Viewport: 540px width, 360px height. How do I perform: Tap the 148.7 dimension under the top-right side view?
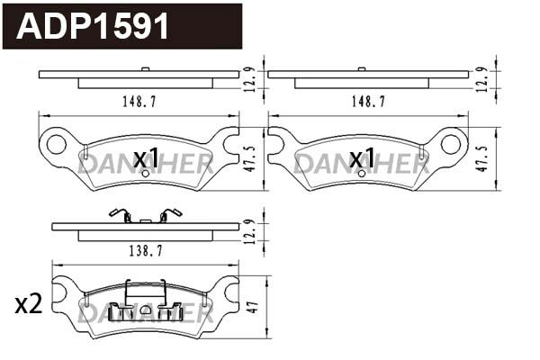pos(369,103)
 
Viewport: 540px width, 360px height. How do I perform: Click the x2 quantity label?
pos(29,305)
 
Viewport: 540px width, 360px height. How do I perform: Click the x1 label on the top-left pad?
pos(146,159)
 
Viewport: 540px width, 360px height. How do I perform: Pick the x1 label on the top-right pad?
pos(362,159)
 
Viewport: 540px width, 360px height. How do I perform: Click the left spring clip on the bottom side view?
pos(117,215)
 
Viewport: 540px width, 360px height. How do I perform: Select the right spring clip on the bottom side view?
pos(168,215)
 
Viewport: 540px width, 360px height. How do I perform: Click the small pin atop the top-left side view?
pos(145,69)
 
